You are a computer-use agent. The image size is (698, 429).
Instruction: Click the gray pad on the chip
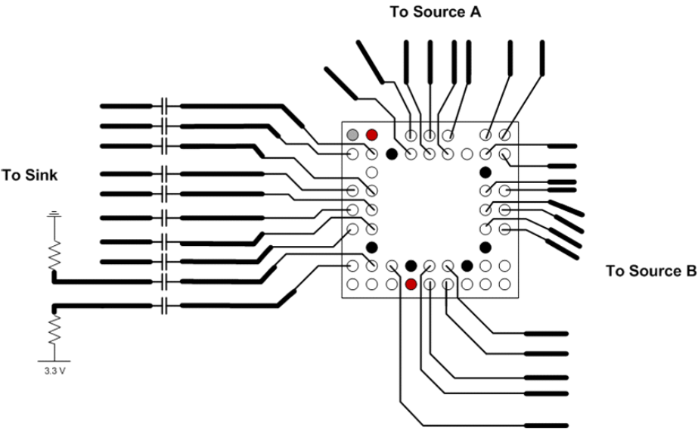coord(352,135)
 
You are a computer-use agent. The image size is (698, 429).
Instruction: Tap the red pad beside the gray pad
coord(371,135)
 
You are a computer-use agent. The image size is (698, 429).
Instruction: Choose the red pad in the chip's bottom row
coord(411,284)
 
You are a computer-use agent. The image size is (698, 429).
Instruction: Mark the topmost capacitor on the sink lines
coord(165,104)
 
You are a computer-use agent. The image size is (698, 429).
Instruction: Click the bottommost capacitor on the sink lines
coord(165,306)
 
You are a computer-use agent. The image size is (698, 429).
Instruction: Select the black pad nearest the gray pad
coord(391,154)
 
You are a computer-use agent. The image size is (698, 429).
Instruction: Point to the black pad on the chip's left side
coord(371,247)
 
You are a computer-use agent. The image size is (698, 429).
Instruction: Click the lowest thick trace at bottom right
coord(545,425)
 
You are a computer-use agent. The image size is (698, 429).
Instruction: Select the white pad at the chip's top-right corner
coord(504,135)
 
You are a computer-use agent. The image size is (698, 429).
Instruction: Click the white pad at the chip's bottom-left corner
coord(352,284)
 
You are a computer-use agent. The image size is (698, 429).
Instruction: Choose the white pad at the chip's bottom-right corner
coord(504,284)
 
